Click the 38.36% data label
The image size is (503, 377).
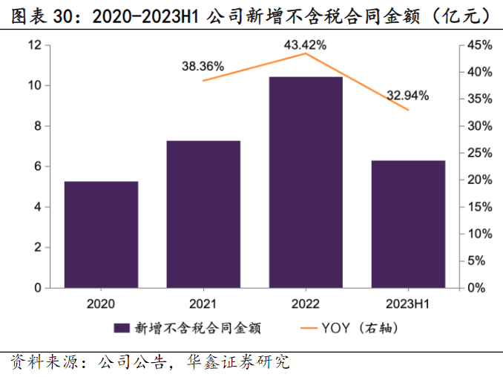coord(203,66)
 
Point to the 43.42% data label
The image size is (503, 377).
coord(305,45)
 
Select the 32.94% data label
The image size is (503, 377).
coord(407,95)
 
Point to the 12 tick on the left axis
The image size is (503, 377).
coord(34,45)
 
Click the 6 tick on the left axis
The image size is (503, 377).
coord(37,167)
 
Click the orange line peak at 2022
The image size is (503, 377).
coord(306,53)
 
